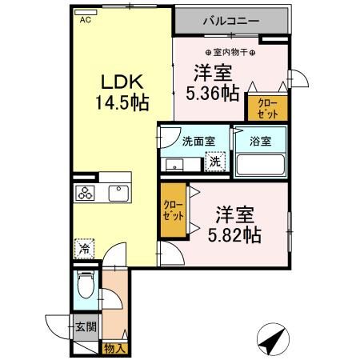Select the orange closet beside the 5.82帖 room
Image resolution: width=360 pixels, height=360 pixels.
click(x=173, y=211)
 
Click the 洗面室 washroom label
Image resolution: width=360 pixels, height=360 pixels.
click(x=198, y=142)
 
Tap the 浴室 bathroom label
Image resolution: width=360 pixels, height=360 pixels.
click(x=260, y=142)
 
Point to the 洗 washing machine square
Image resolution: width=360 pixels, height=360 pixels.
click(x=214, y=162)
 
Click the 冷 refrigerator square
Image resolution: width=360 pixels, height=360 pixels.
click(x=84, y=249)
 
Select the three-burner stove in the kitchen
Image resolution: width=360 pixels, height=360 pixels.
click(x=86, y=193)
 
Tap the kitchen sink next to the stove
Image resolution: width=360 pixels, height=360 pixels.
click(x=118, y=192)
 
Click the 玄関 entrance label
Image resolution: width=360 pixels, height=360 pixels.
click(x=86, y=326)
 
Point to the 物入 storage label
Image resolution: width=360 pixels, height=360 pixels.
click(x=114, y=347)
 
